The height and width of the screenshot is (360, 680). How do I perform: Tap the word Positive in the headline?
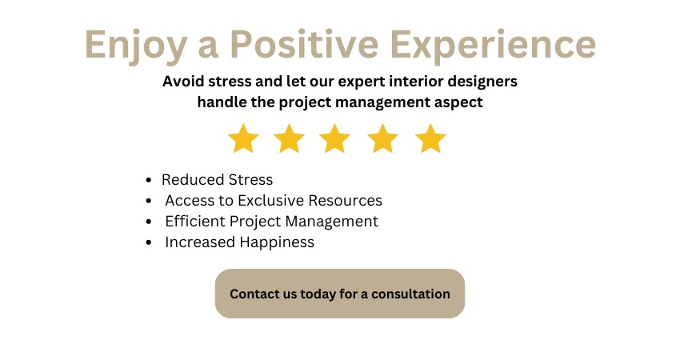coord(304,44)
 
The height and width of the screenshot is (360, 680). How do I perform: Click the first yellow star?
coord(243,138)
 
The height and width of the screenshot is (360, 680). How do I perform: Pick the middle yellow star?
coord(334,138)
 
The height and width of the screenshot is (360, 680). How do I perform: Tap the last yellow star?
coord(430,138)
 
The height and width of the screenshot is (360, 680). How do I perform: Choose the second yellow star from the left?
coord(289,138)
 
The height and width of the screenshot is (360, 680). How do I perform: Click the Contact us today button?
coord(340,294)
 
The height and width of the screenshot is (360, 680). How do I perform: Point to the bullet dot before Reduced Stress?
coord(149,179)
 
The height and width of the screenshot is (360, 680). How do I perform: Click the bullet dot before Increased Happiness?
coord(149,242)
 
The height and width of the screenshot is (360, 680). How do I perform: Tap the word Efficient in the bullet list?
coord(195,222)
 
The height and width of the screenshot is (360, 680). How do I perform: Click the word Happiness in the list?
coord(277,243)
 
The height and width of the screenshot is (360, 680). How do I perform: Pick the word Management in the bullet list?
coord(332,222)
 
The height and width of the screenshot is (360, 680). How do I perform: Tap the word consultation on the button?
coord(410,294)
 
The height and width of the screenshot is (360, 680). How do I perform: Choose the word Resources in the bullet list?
coord(346,200)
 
